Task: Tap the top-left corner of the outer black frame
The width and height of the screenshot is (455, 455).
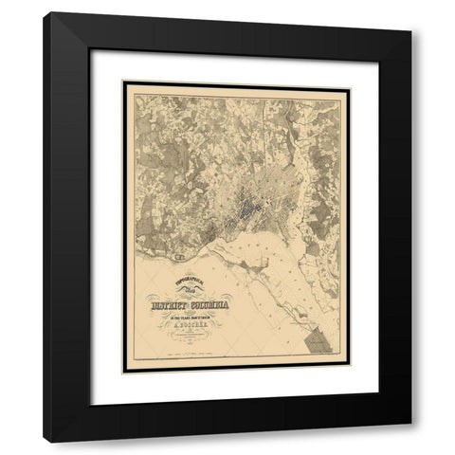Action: click(x=44, y=12)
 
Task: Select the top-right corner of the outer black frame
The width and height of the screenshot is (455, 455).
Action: click(x=411, y=12)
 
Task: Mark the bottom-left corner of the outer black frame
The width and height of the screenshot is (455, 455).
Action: click(x=44, y=442)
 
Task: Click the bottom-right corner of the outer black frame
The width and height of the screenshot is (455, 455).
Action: click(x=411, y=442)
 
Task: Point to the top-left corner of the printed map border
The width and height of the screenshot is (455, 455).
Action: click(x=124, y=82)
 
